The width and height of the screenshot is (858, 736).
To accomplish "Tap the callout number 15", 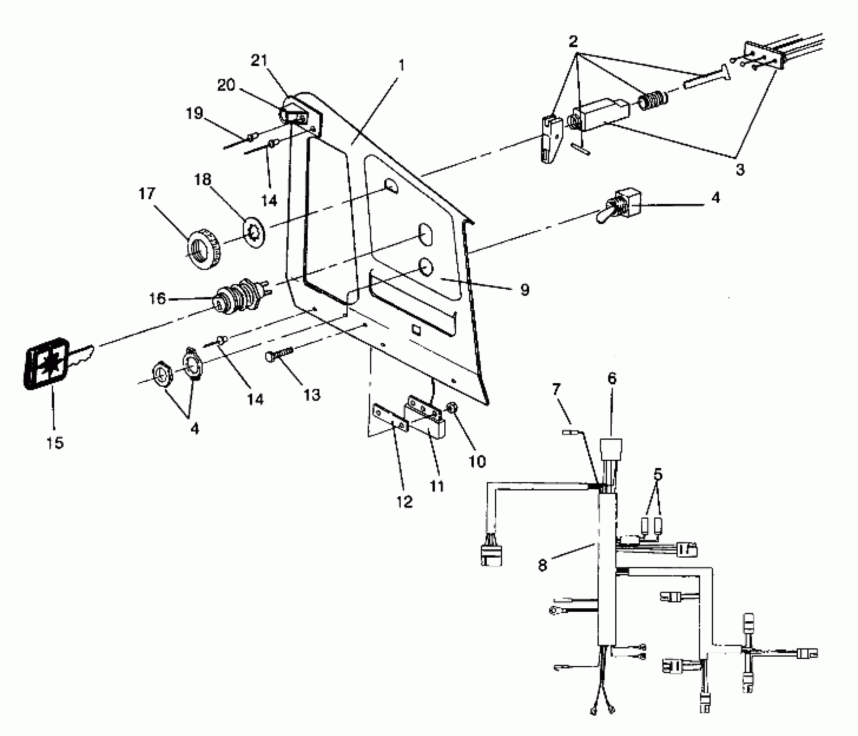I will point(55,442).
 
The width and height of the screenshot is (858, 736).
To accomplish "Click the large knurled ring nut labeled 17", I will point(204,248).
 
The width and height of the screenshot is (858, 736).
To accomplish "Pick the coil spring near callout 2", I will point(653,102).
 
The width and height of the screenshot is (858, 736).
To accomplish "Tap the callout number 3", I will point(740,169).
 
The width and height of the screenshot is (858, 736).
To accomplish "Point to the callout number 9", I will point(524,289).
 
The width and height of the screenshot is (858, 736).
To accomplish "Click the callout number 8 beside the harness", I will point(543,565).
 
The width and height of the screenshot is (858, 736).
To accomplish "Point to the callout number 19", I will point(194,113).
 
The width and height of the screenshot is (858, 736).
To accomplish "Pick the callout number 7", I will point(556,390).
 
